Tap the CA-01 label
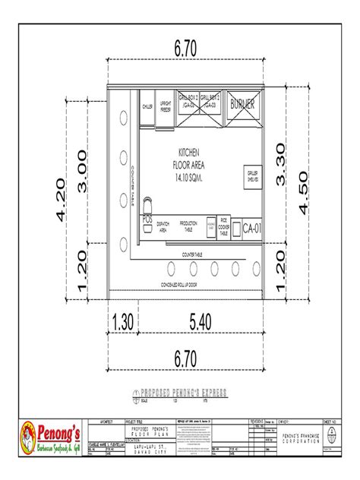click(x=251, y=226)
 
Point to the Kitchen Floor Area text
click(x=188, y=163)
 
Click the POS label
click(x=147, y=219)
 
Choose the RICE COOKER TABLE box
click(x=224, y=226)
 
